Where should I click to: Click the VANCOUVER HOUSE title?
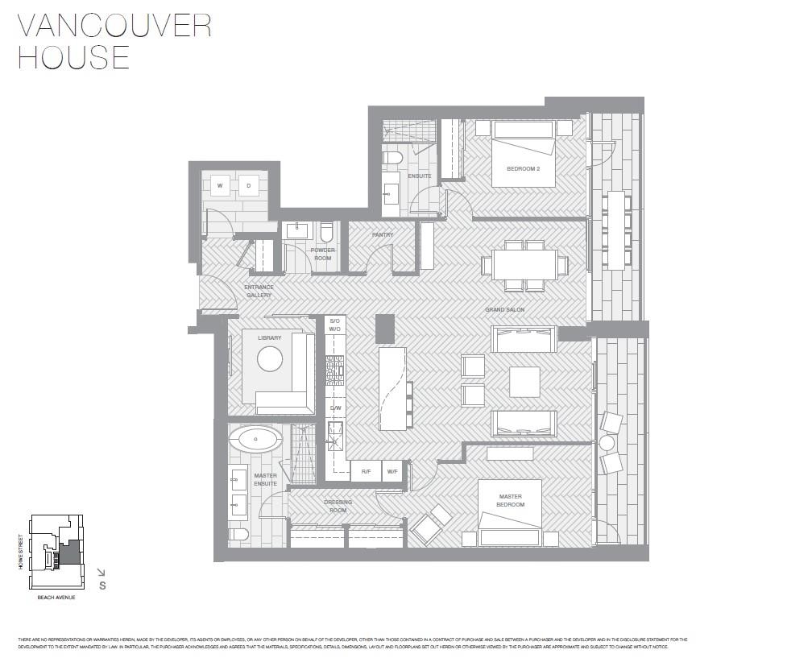click(113, 41)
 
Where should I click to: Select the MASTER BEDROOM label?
click(510, 500)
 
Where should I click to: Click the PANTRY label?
click(383, 235)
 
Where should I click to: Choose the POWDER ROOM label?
click(322, 254)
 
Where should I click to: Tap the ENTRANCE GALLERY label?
click(259, 291)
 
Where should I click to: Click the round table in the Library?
click(270, 360)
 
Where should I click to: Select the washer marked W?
click(219, 185)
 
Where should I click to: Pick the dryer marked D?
click(248, 185)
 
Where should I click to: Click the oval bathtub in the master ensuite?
click(255, 440)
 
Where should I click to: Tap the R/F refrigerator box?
click(366, 471)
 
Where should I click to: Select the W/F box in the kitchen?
click(391, 471)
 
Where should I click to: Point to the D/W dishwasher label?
click(335, 408)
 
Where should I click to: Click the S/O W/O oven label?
click(335, 325)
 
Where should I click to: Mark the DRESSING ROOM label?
click(338, 506)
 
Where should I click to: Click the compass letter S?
click(102, 586)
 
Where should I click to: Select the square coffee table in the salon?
click(524, 382)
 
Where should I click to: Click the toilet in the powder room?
click(327, 233)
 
